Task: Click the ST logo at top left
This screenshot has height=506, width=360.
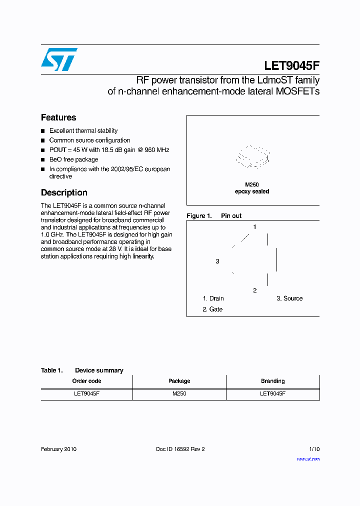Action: [59, 59]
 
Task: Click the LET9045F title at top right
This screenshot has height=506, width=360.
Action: [291, 66]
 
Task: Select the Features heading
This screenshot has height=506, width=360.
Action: [58, 117]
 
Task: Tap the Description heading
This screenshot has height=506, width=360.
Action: [64, 192]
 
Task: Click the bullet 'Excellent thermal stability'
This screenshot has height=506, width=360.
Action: [83, 131]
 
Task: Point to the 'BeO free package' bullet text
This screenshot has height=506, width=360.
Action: [73, 159]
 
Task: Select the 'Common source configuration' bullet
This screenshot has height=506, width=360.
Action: [89, 140]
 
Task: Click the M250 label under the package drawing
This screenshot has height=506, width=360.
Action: [252, 184]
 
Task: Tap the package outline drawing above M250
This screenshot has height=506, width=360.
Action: [252, 156]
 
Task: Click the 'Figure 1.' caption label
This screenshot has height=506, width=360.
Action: [199, 216]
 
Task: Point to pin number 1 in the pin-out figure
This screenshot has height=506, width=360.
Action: [254, 227]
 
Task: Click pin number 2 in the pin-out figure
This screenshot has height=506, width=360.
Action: [254, 290]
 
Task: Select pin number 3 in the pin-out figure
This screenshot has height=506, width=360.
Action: [217, 261]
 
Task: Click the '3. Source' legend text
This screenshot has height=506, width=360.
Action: [289, 298]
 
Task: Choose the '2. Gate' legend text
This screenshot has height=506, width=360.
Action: [212, 309]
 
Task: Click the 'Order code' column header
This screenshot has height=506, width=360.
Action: [86, 381]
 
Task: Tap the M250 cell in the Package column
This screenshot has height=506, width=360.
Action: [179, 394]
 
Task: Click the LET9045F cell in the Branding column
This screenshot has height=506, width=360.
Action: [272, 394]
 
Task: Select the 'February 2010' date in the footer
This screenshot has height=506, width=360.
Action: [58, 449]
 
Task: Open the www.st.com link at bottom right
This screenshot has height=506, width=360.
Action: [308, 459]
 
